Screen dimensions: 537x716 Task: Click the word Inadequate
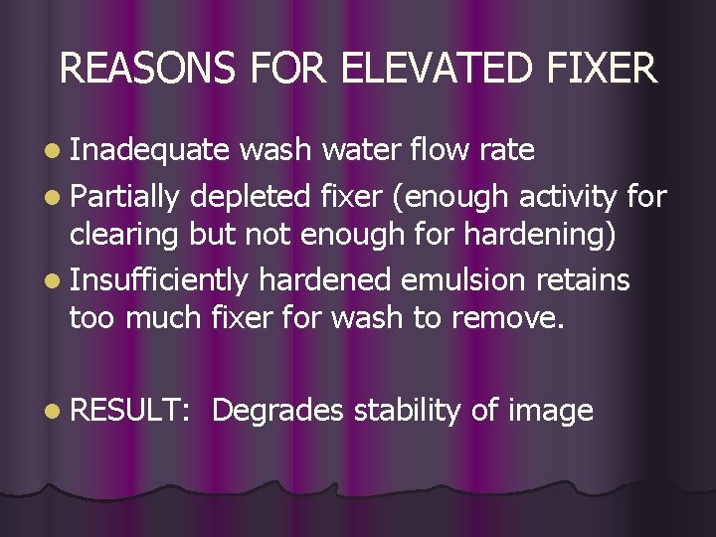pos(149,150)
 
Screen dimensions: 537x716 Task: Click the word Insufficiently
pos(159,280)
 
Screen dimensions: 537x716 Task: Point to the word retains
pos(585,280)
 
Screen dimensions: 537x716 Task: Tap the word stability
pos(410,410)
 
